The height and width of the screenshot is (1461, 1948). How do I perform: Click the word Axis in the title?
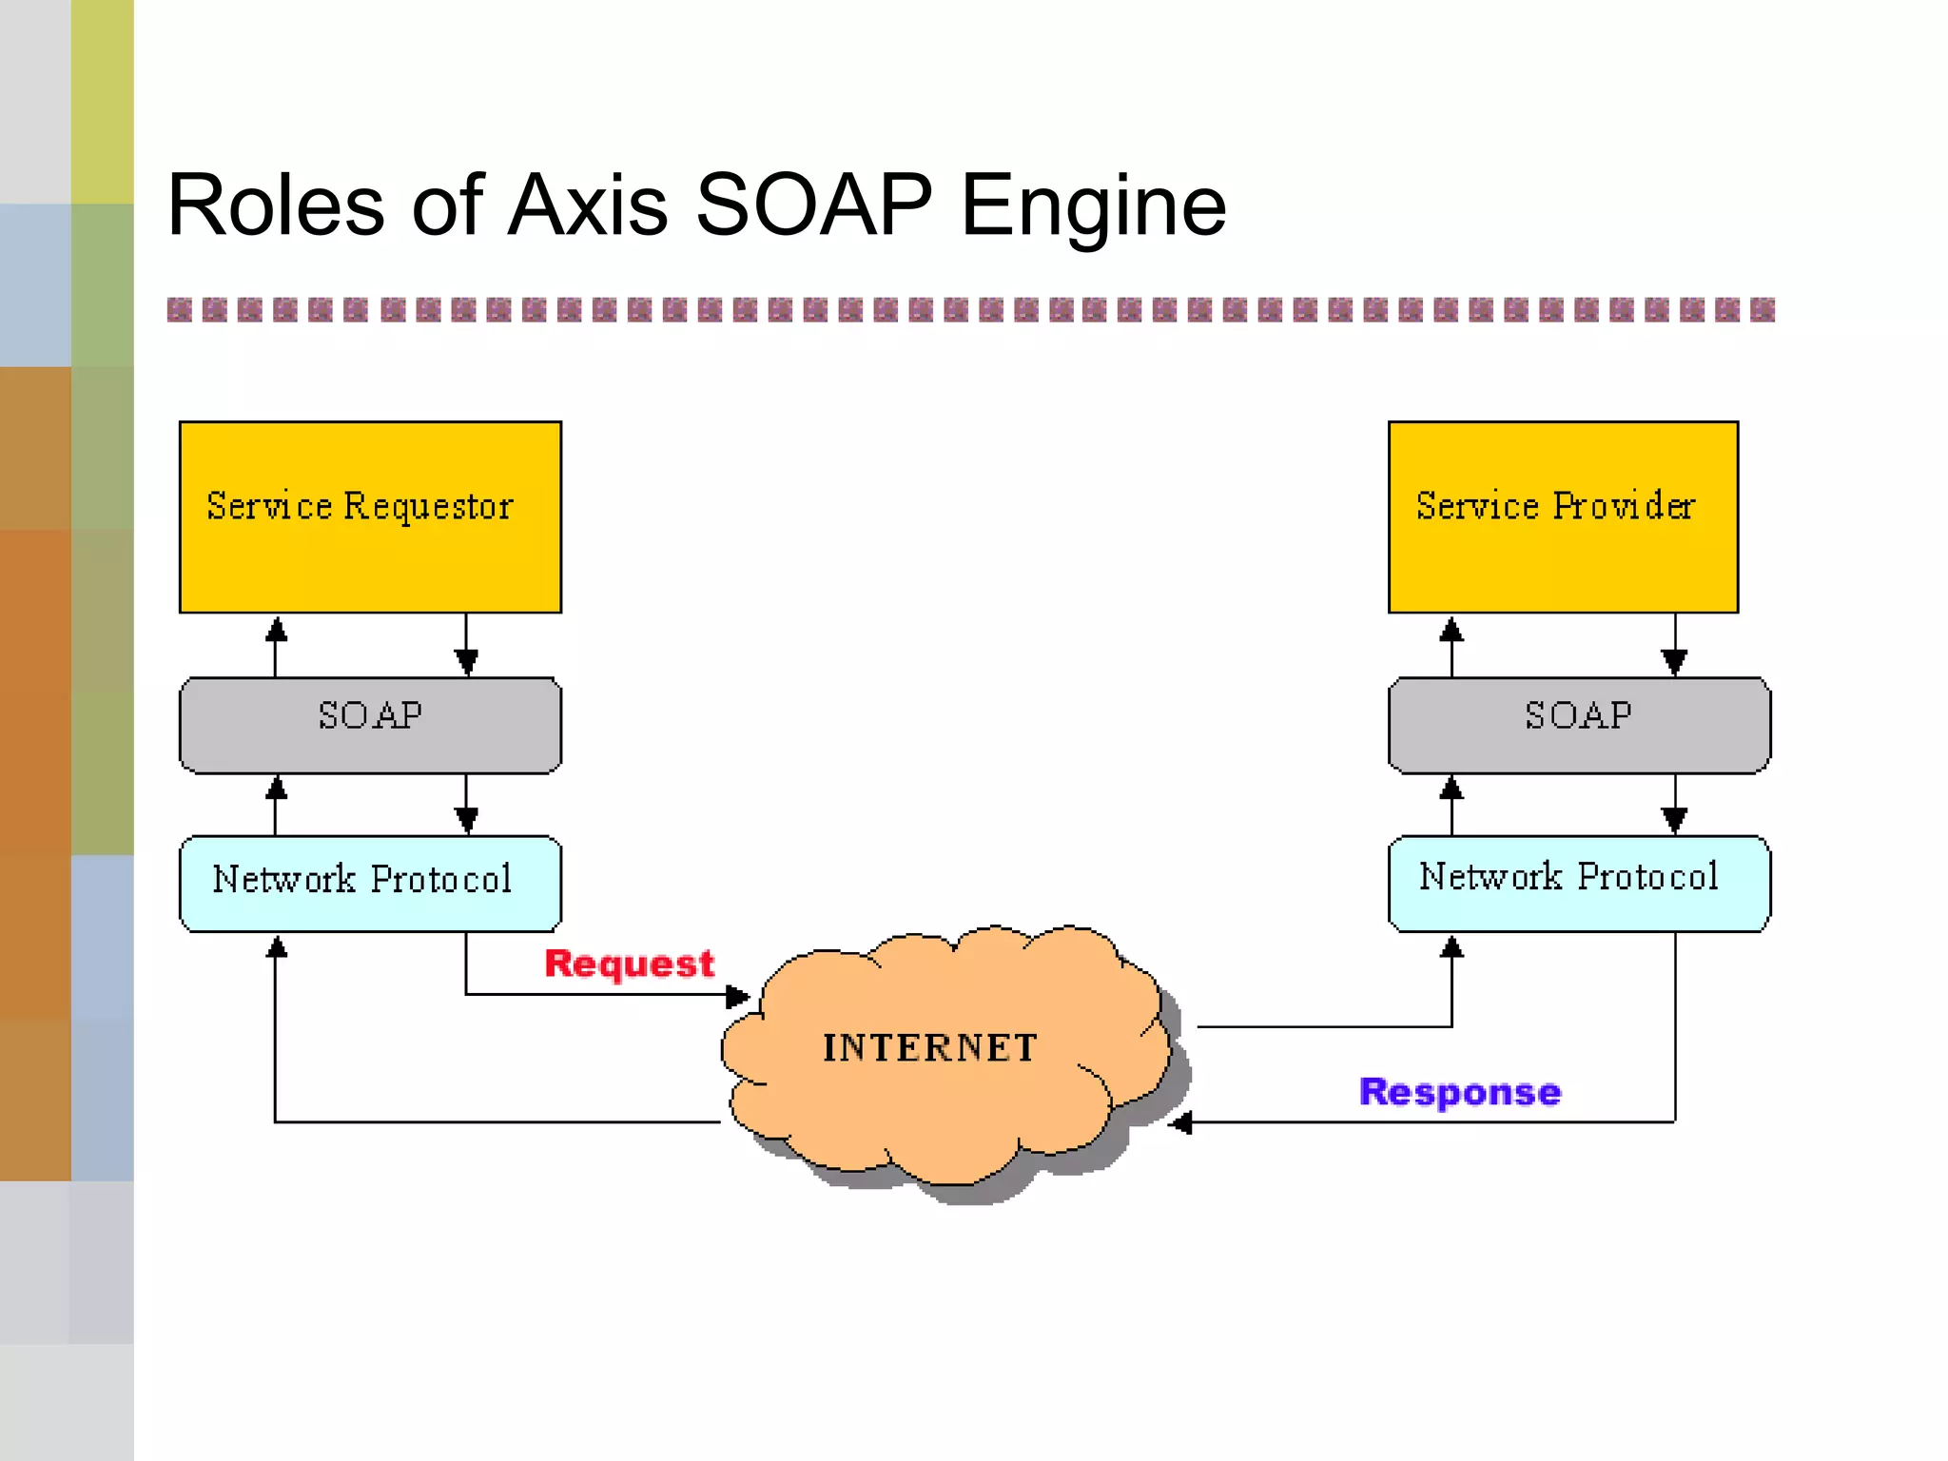point(587,205)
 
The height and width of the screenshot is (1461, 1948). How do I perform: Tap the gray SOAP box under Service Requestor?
point(370,724)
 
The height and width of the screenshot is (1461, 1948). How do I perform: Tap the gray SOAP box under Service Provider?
point(1579,724)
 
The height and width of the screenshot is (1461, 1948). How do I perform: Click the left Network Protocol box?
point(370,883)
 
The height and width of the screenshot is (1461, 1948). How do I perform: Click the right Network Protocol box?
point(1579,883)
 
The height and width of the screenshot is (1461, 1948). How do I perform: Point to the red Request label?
point(629,964)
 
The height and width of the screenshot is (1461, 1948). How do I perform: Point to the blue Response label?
point(1459,1092)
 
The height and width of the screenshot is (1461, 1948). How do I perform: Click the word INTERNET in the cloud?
point(929,1047)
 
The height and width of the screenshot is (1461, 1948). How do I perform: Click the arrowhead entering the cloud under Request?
point(737,996)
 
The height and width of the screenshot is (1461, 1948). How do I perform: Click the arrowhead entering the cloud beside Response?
point(1180,1123)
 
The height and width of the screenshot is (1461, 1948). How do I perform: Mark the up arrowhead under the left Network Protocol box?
point(276,946)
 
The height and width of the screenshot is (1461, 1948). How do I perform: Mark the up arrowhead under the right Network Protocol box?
point(1451,946)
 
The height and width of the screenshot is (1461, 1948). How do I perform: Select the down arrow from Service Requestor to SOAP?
point(466,647)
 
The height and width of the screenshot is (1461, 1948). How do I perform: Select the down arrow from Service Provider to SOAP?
point(1674,647)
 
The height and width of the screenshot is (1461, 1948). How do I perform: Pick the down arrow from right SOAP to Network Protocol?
point(1674,805)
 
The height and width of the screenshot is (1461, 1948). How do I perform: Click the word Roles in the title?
point(275,205)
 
